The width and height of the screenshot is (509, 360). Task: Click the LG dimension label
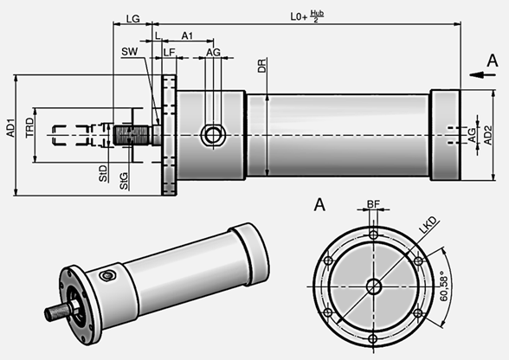(133, 18)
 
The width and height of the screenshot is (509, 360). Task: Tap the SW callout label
(129, 53)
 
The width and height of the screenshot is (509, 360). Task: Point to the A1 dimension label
(187, 35)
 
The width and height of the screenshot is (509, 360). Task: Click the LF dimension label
(170, 53)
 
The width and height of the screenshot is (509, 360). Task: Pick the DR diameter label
(262, 66)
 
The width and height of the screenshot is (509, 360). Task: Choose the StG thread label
(125, 182)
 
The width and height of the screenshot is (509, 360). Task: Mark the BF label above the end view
(373, 204)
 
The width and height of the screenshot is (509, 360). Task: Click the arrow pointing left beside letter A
(475, 75)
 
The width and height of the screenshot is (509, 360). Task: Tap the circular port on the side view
(211, 134)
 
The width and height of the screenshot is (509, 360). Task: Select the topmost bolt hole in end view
(373, 235)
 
